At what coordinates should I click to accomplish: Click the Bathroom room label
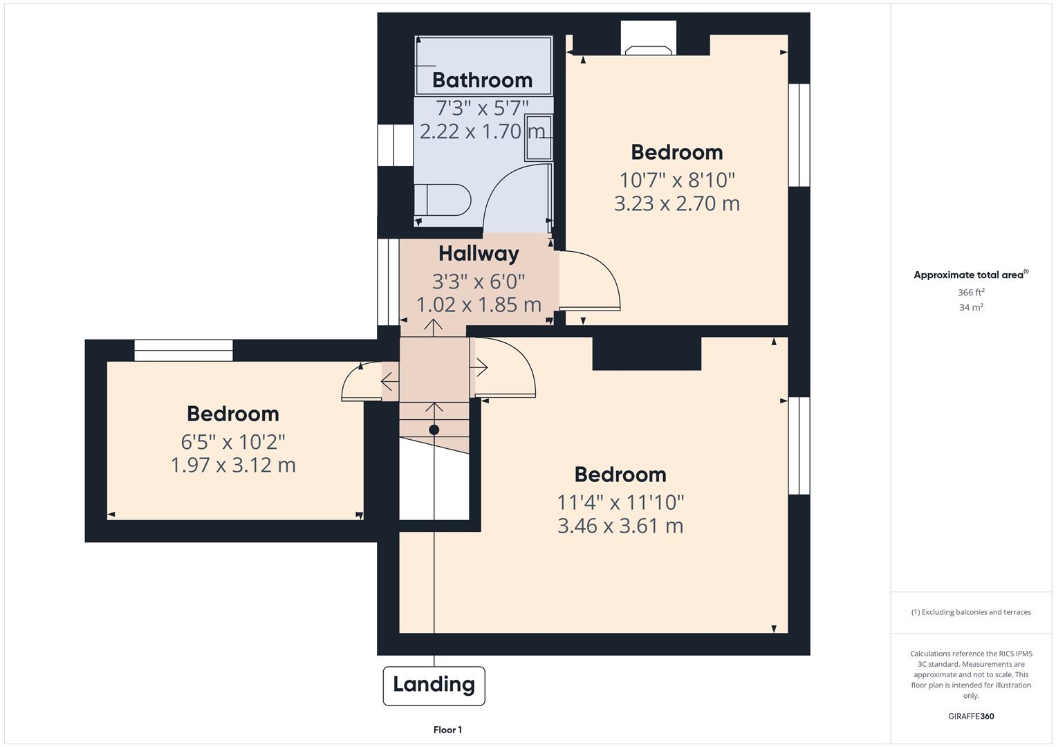pyautogui.click(x=482, y=80)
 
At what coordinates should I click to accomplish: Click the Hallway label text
pyautogui.click(x=479, y=254)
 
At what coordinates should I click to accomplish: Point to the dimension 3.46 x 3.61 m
pyautogui.click(x=620, y=526)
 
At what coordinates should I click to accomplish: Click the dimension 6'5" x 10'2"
pyautogui.click(x=233, y=441)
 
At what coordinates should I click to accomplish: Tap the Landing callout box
pyautogui.click(x=434, y=685)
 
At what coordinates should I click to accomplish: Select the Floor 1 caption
pyautogui.click(x=447, y=730)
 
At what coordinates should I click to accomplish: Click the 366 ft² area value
pyautogui.click(x=971, y=293)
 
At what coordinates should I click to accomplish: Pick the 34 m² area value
pyautogui.click(x=971, y=308)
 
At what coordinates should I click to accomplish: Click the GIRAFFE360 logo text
pyautogui.click(x=971, y=717)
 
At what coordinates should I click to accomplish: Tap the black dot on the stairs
pyautogui.click(x=434, y=430)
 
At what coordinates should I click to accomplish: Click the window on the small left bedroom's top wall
pyautogui.click(x=183, y=351)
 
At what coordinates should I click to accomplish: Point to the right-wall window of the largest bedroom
pyautogui.click(x=799, y=445)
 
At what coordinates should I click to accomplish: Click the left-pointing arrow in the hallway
pyautogui.click(x=389, y=381)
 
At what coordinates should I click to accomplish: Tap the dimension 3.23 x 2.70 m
pyautogui.click(x=676, y=204)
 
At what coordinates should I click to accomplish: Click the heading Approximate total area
pyautogui.click(x=970, y=275)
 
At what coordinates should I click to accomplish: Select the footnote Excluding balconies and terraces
pyautogui.click(x=971, y=612)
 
